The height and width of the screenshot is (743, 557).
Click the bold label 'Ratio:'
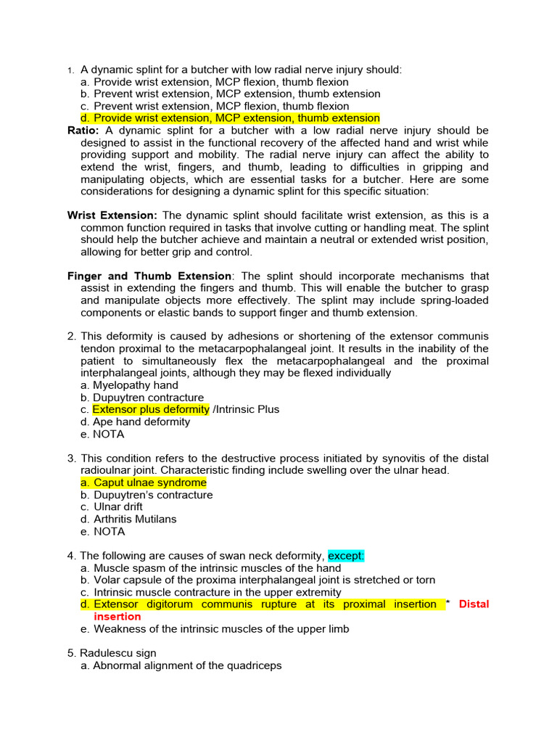[83, 131]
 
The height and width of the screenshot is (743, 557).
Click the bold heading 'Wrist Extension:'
[112, 215]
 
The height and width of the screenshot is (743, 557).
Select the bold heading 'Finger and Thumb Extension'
[149, 276]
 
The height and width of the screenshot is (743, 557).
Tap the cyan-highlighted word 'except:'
[346, 556]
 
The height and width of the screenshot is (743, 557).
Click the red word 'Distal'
[474, 604]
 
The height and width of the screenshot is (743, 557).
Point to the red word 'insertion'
[117, 617]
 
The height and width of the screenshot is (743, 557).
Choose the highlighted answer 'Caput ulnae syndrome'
[149, 483]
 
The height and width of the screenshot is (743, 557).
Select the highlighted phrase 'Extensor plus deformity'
[151, 410]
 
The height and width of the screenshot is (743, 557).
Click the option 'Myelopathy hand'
[135, 385]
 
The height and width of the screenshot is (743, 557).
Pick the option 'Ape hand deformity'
[141, 422]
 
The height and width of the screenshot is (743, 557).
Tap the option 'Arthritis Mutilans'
[134, 520]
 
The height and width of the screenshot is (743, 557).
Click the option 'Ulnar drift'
[117, 507]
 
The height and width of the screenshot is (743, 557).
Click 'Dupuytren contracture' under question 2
[148, 398]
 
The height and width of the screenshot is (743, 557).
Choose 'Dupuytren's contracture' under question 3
[152, 495]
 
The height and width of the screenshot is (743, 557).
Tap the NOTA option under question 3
[109, 532]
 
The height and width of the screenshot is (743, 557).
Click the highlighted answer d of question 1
[236, 118]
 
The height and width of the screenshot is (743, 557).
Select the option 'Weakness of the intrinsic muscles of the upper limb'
[221, 629]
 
